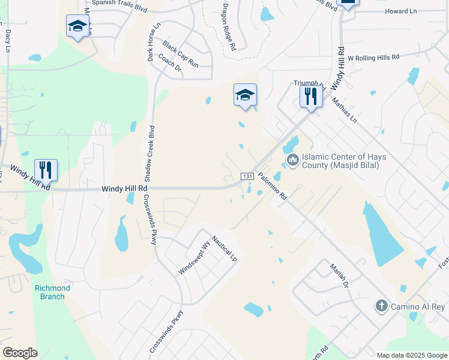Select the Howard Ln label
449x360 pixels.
(400, 11)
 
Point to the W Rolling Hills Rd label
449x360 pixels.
(373, 58)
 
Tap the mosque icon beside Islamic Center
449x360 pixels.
(293, 159)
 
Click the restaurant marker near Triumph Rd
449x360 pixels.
(310, 95)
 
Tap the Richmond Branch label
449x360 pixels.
(52, 292)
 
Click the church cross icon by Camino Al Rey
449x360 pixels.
(381, 306)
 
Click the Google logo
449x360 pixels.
(20, 352)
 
